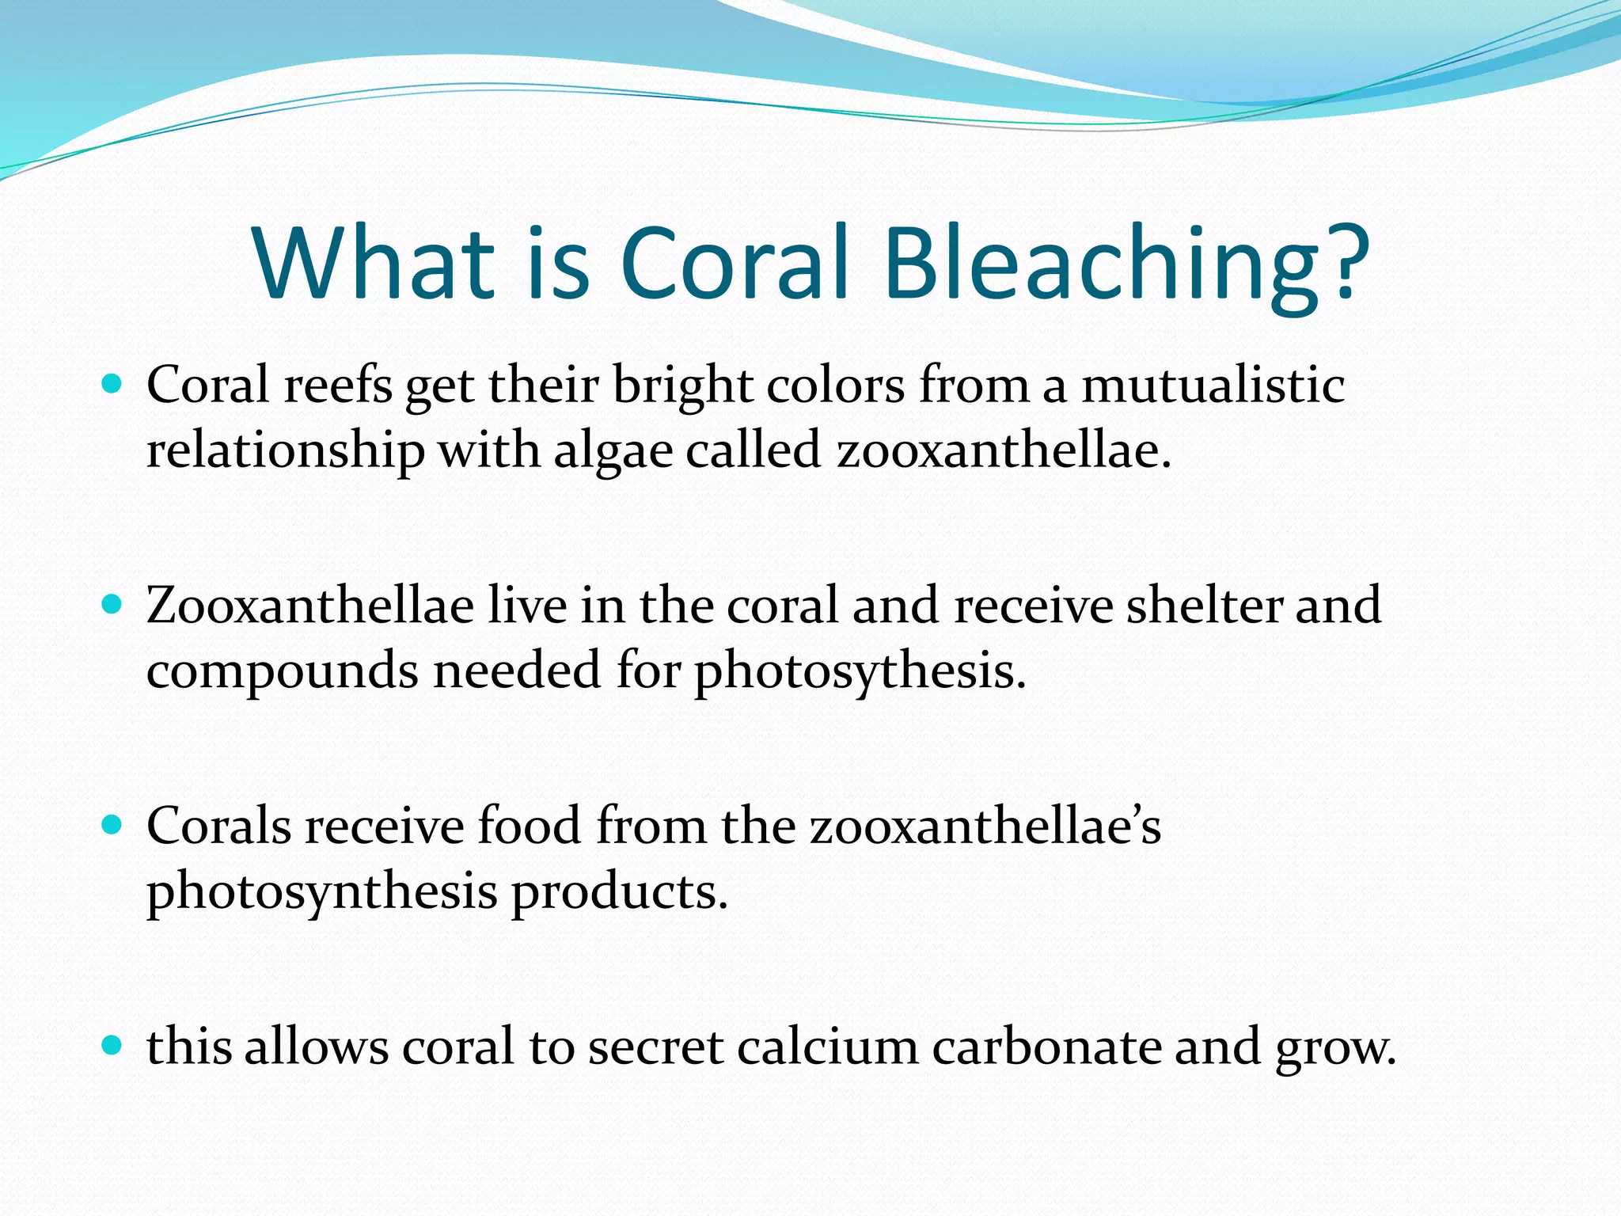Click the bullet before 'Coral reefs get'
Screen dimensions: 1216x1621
[x=113, y=385]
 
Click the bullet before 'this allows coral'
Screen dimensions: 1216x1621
[x=113, y=1046]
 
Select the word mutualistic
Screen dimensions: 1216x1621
[x=1213, y=386]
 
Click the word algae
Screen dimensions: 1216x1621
[x=613, y=451]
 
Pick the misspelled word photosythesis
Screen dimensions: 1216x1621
[x=860, y=672]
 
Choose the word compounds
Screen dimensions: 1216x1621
[x=283, y=672]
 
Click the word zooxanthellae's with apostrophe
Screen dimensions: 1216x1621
[x=985, y=826]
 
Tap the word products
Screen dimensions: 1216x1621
[x=619, y=892]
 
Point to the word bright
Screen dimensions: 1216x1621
[x=681, y=386]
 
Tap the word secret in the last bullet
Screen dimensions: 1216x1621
[x=655, y=1047]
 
